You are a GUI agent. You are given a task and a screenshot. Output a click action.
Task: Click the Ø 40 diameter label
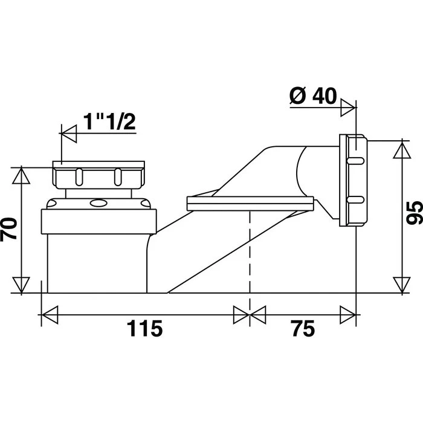coord(314,96)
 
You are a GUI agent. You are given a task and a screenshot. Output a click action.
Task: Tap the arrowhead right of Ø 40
coord(347,109)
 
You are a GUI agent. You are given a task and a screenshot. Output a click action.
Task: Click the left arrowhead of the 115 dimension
coord(49,314)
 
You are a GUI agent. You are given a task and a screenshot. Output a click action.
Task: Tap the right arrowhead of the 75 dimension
coord(347,314)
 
